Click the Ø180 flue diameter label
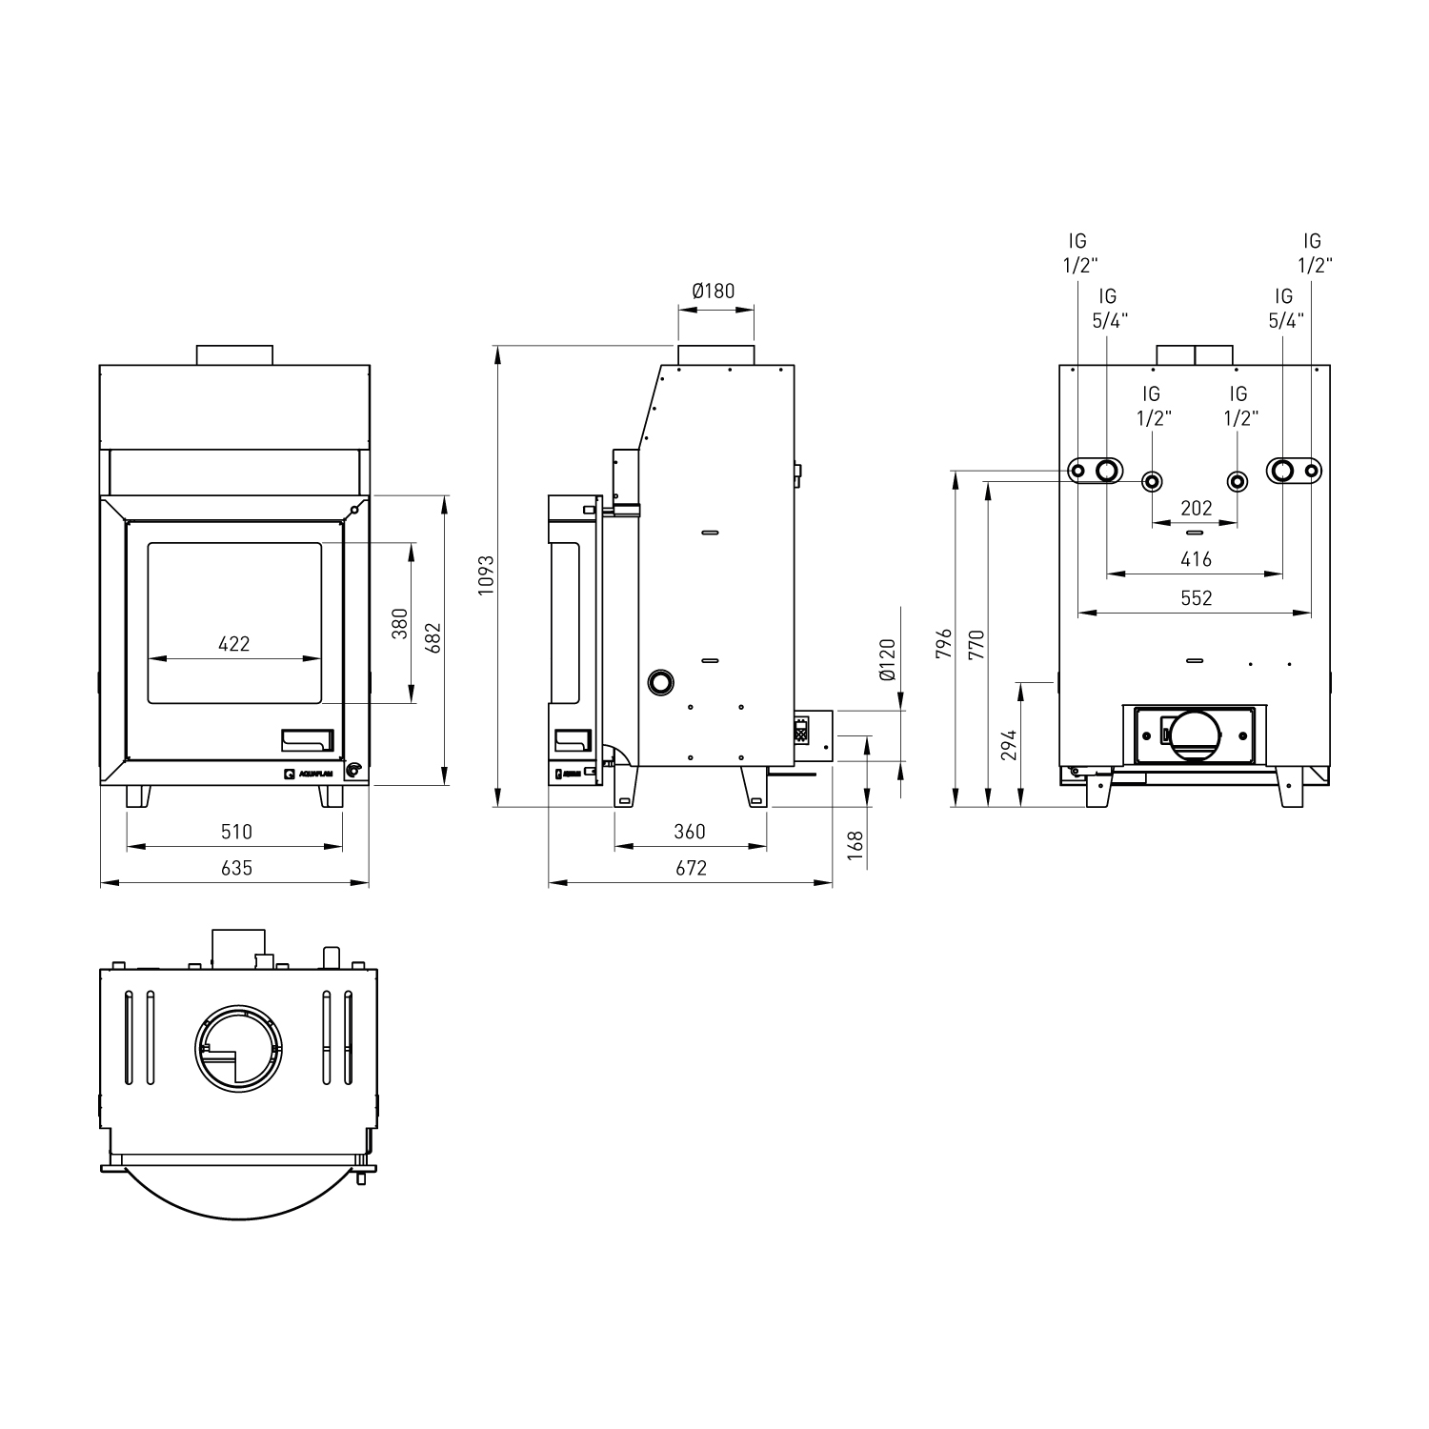[x=714, y=291]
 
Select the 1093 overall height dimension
[x=487, y=574]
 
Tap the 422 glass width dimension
[x=233, y=644]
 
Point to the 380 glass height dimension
[x=399, y=623]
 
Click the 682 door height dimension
[x=433, y=639]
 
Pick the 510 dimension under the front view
[x=236, y=832]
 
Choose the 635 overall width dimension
[x=236, y=868]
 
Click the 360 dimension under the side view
[x=690, y=832]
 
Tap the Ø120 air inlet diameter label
[x=887, y=659]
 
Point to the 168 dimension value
[x=855, y=844]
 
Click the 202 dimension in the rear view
[x=1196, y=508]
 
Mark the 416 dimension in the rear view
[x=1196, y=559]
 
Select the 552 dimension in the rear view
[x=1196, y=597]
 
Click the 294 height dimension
[x=1009, y=744]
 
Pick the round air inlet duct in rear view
[x=1195, y=735]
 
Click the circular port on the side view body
[x=660, y=681]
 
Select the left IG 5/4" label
[x=1107, y=309]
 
